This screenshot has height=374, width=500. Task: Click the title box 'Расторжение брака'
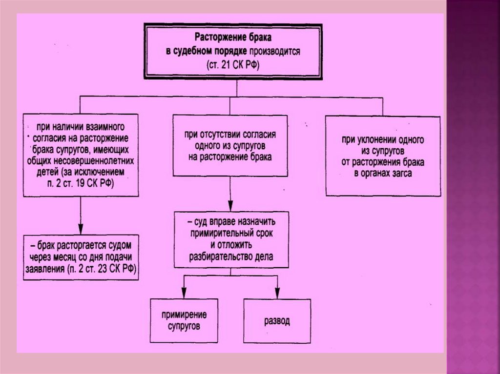pyautogui.click(x=237, y=50)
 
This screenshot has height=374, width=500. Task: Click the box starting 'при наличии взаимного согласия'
pyautogui.click(x=81, y=154)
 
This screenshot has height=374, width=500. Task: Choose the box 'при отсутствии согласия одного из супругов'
pyautogui.click(x=230, y=145)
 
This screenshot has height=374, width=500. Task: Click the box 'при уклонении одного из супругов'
pyautogui.click(x=382, y=156)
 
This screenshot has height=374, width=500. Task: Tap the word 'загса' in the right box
pyautogui.click(x=401, y=173)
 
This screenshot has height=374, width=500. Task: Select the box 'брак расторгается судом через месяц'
pyautogui.click(x=81, y=257)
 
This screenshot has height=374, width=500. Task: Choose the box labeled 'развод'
pyautogui.click(x=277, y=321)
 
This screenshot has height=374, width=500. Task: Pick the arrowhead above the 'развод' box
pyautogui.click(x=277, y=294)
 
